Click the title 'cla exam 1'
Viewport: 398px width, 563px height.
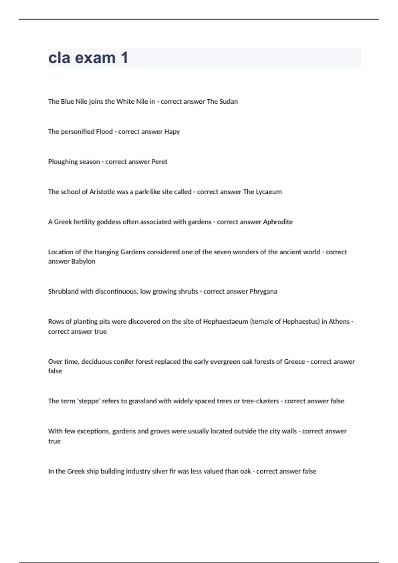pos(88,58)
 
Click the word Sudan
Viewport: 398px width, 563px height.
pos(229,102)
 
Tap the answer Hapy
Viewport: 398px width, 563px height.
pos(172,132)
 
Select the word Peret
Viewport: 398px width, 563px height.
pos(159,162)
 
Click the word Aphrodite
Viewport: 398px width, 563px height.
pos(278,222)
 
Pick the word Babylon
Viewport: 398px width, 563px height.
pos(84,261)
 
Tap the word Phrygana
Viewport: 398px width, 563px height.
pos(263,291)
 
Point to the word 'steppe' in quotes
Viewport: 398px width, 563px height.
pos(89,401)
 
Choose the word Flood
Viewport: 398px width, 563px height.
pos(104,131)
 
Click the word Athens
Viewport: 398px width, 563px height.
pos(339,322)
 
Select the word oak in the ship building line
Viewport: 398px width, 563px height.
pos(245,471)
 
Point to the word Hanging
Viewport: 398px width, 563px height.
pos(106,252)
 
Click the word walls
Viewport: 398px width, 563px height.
pos(288,431)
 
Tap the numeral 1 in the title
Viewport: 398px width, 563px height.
pos(124,58)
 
